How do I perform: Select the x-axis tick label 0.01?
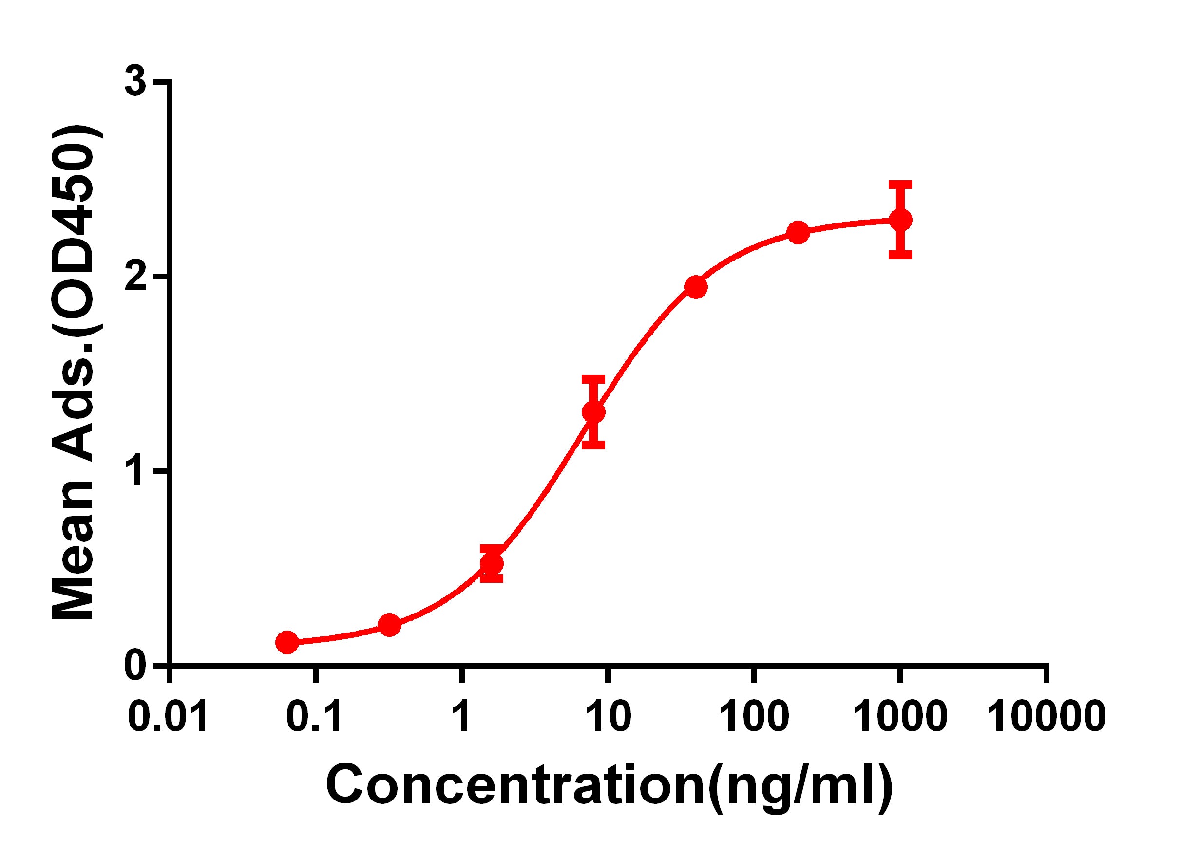point(168,717)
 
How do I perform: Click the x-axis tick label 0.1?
point(315,717)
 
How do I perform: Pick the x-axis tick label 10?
point(607,717)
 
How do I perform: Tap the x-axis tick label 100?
point(753,717)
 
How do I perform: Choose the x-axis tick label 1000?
point(899,717)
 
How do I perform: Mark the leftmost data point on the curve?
point(287,643)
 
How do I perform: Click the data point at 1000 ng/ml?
point(900,220)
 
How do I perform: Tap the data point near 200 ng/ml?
point(798,232)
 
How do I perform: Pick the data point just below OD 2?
point(696,287)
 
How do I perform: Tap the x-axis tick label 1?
point(461,717)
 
